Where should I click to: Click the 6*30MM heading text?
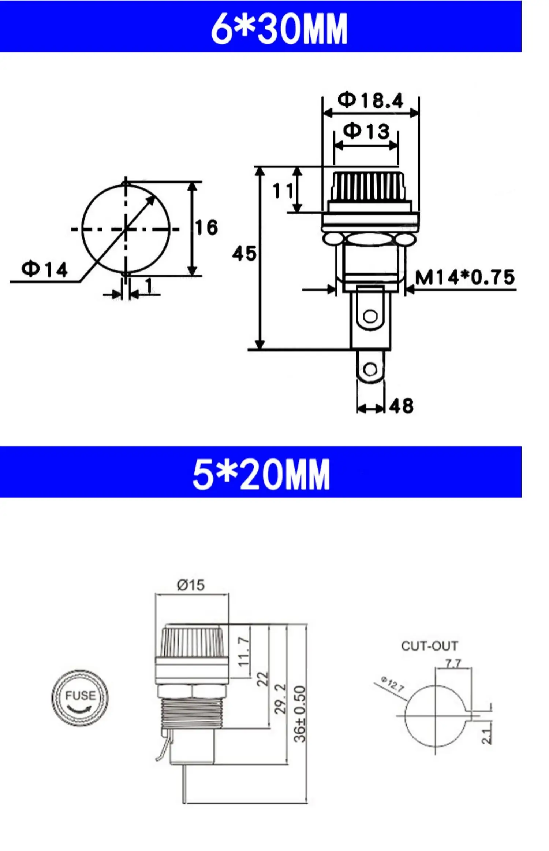pyautogui.click(x=279, y=28)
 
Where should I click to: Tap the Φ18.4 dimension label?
pyautogui.click(x=370, y=100)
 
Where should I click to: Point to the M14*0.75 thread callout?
pyautogui.click(x=465, y=277)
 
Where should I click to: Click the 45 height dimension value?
pyautogui.click(x=244, y=254)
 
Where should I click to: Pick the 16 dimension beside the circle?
pyautogui.click(x=206, y=227)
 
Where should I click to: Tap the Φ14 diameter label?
pyautogui.click(x=45, y=269)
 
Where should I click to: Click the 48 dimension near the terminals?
pyautogui.click(x=402, y=406)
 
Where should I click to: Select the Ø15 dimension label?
pyautogui.click(x=191, y=585)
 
